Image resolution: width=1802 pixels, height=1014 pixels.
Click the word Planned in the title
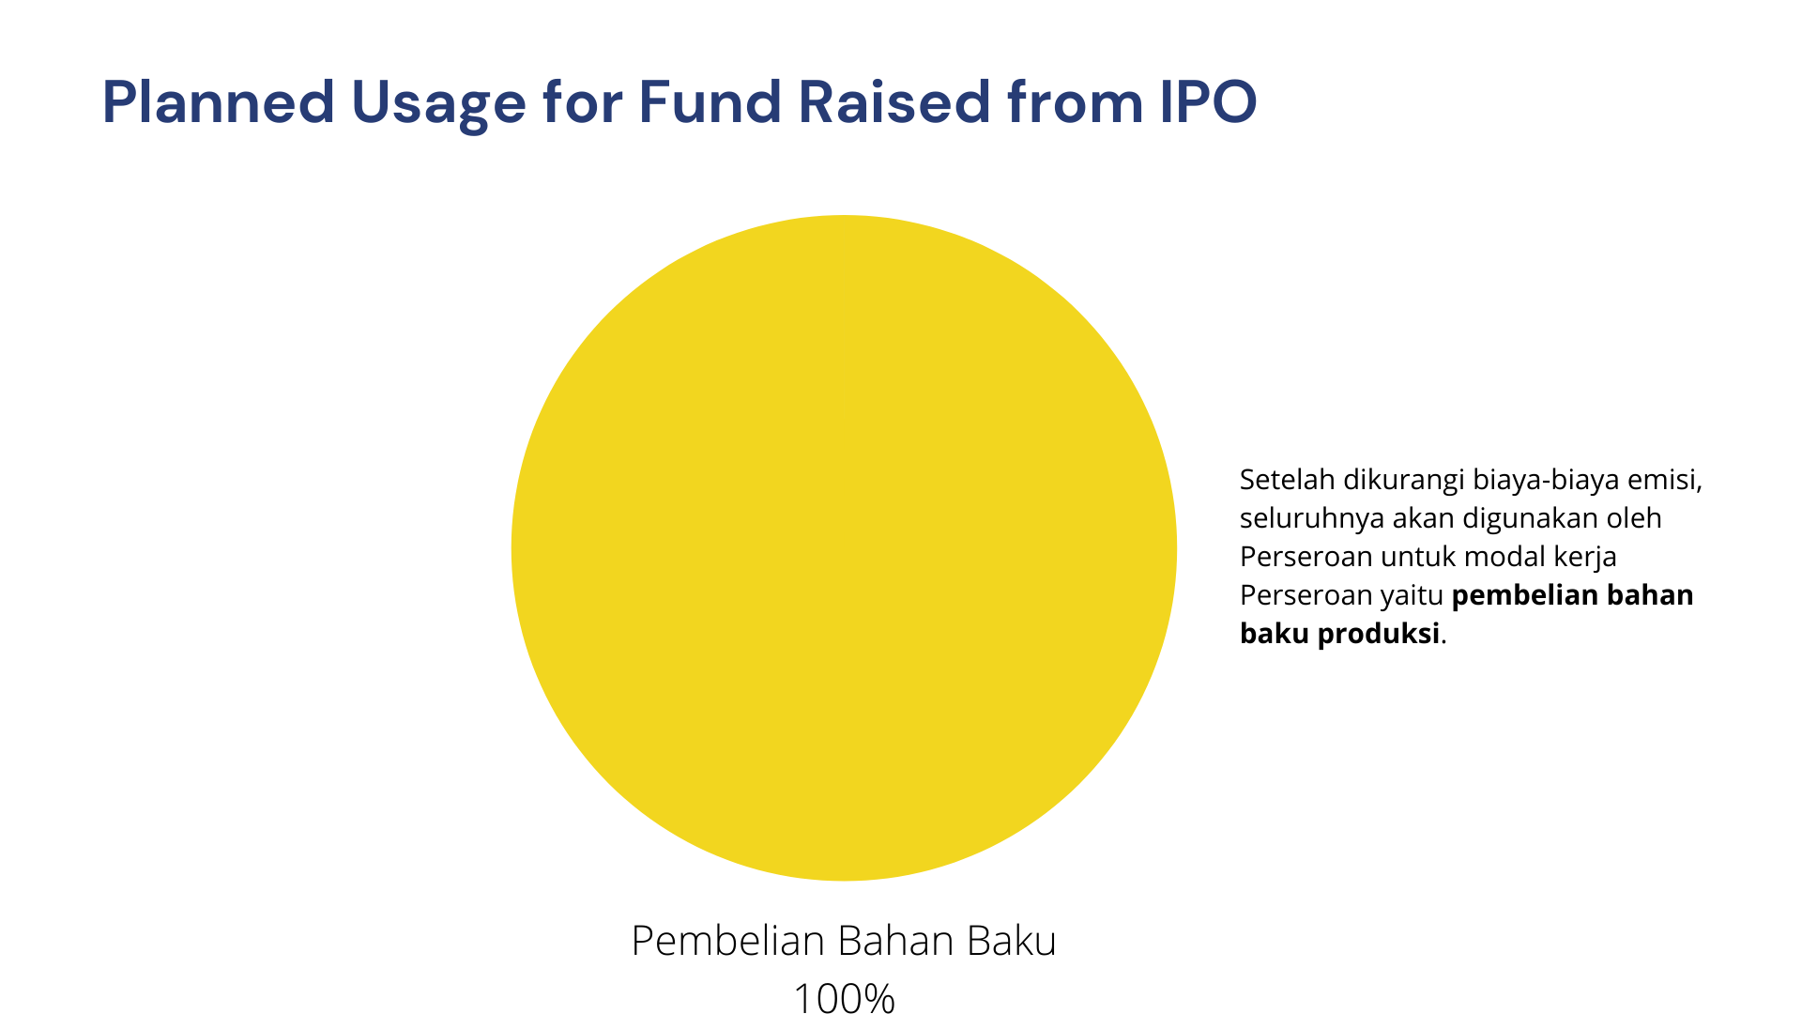click(219, 101)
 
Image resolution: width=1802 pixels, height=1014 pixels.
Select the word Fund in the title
click(710, 101)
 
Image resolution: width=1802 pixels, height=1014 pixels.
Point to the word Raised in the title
click(893, 101)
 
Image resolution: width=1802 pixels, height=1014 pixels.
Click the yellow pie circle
click(844, 548)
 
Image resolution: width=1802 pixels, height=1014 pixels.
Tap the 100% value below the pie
click(844, 997)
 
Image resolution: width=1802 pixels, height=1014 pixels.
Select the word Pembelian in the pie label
click(727, 941)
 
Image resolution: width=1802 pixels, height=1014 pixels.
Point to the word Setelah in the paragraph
click(1288, 480)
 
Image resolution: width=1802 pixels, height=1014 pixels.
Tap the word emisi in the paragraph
click(1665, 481)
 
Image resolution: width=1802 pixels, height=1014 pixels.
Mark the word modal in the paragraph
click(1504, 557)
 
